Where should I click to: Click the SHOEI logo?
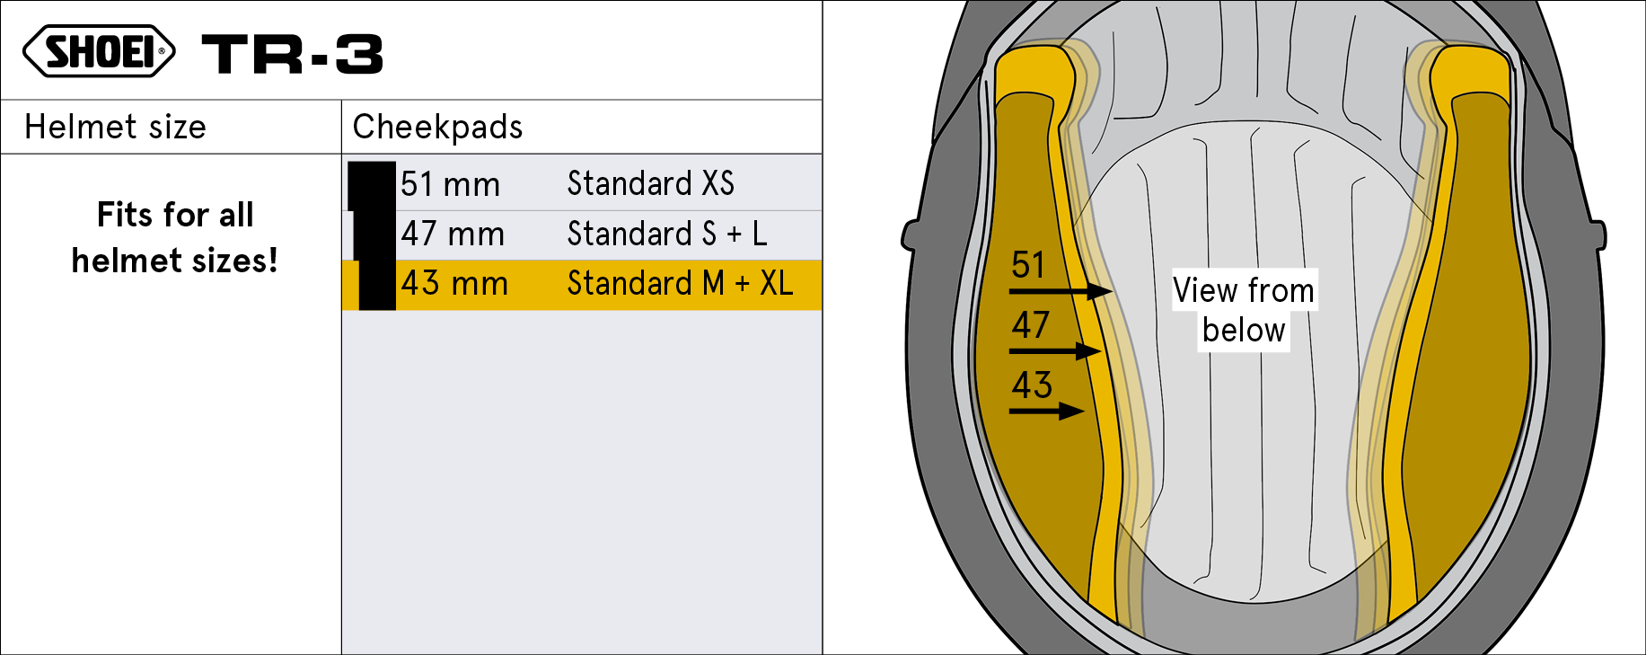pyautogui.click(x=99, y=51)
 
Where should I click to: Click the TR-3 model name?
pyautogui.click(x=293, y=54)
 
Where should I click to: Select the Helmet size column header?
pyautogui.click(x=115, y=127)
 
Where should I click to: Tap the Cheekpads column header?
pyautogui.click(x=437, y=127)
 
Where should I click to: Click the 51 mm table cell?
pyautogui.click(x=450, y=184)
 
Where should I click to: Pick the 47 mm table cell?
pyautogui.click(x=453, y=234)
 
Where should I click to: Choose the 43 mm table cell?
pyautogui.click(x=454, y=283)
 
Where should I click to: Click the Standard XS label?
pyautogui.click(x=651, y=183)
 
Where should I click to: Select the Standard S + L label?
pyautogui.click(x=667, y=234)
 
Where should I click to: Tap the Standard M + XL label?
pyautogui.click(x=681, y=283)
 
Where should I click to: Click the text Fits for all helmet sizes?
pyautogui.click(x=175, y=237)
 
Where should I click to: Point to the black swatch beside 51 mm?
pyautogui.click(x=372, y=186)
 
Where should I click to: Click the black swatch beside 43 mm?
pyautogui.click(x=377, y=285)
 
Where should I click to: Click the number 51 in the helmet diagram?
pyautogui.click(x=1028, y=265)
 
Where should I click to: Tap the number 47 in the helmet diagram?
pyautogui.click(x=1030, y=324)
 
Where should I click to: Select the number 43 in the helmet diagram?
pyautogui.click(x=1032, y=385)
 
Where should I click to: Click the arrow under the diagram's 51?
pyautogui.click(x=1061, y=291)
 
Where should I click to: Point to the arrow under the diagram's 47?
pyautogui.click(x=1056, y=350)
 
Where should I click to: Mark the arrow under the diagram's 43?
pyautogui.click(x=1047, y=412)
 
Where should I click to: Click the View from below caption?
pyautogui.click(x=1244, y=310)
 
